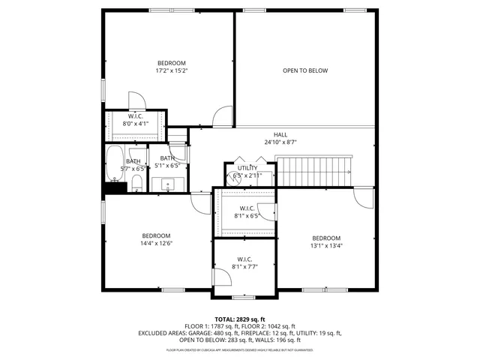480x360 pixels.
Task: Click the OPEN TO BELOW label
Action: [305, 70]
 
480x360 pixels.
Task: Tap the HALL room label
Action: [280, 134]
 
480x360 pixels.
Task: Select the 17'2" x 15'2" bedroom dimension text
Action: [171, 71]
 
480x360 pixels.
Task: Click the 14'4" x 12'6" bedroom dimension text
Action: [157, 243]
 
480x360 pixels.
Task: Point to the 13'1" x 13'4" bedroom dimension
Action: [326, 245]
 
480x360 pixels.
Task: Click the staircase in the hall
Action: [314, 171]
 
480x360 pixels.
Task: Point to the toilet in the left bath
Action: [137, 184]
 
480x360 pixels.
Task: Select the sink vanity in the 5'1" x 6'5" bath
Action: [169, 184]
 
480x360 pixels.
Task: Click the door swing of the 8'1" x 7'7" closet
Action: [223, 280]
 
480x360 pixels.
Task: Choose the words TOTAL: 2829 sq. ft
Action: [240, 319]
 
